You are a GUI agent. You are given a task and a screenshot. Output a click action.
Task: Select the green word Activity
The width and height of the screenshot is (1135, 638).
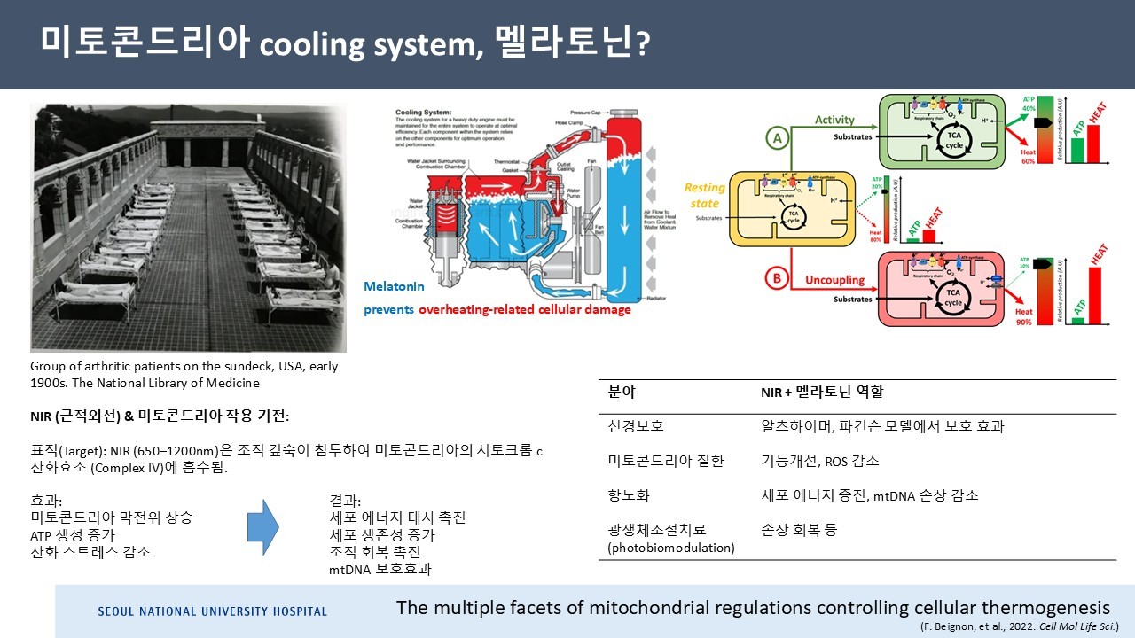[834, 120]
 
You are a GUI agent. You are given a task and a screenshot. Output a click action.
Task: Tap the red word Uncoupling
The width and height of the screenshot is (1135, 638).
[834, 280]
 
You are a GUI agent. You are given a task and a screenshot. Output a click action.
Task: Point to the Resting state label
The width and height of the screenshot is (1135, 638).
[704, 196]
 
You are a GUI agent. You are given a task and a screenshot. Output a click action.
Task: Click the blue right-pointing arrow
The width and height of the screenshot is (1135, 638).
[262, 527]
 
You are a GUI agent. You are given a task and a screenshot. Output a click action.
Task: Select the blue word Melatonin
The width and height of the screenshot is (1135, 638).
[394, 287]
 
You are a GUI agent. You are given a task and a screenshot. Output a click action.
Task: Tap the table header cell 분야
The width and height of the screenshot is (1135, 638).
[622, 392]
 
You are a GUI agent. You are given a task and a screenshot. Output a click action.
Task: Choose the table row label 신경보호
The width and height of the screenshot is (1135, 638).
[635, 426]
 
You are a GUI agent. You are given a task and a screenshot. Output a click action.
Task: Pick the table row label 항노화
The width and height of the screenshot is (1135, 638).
[629, 495]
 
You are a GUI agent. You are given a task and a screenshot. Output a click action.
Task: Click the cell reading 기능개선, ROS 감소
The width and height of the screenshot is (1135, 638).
[819, 461]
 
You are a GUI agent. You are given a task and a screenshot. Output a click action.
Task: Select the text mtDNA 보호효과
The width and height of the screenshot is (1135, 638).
[380, 569]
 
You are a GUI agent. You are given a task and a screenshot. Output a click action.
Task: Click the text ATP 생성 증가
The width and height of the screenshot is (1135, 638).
[73, 534]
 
